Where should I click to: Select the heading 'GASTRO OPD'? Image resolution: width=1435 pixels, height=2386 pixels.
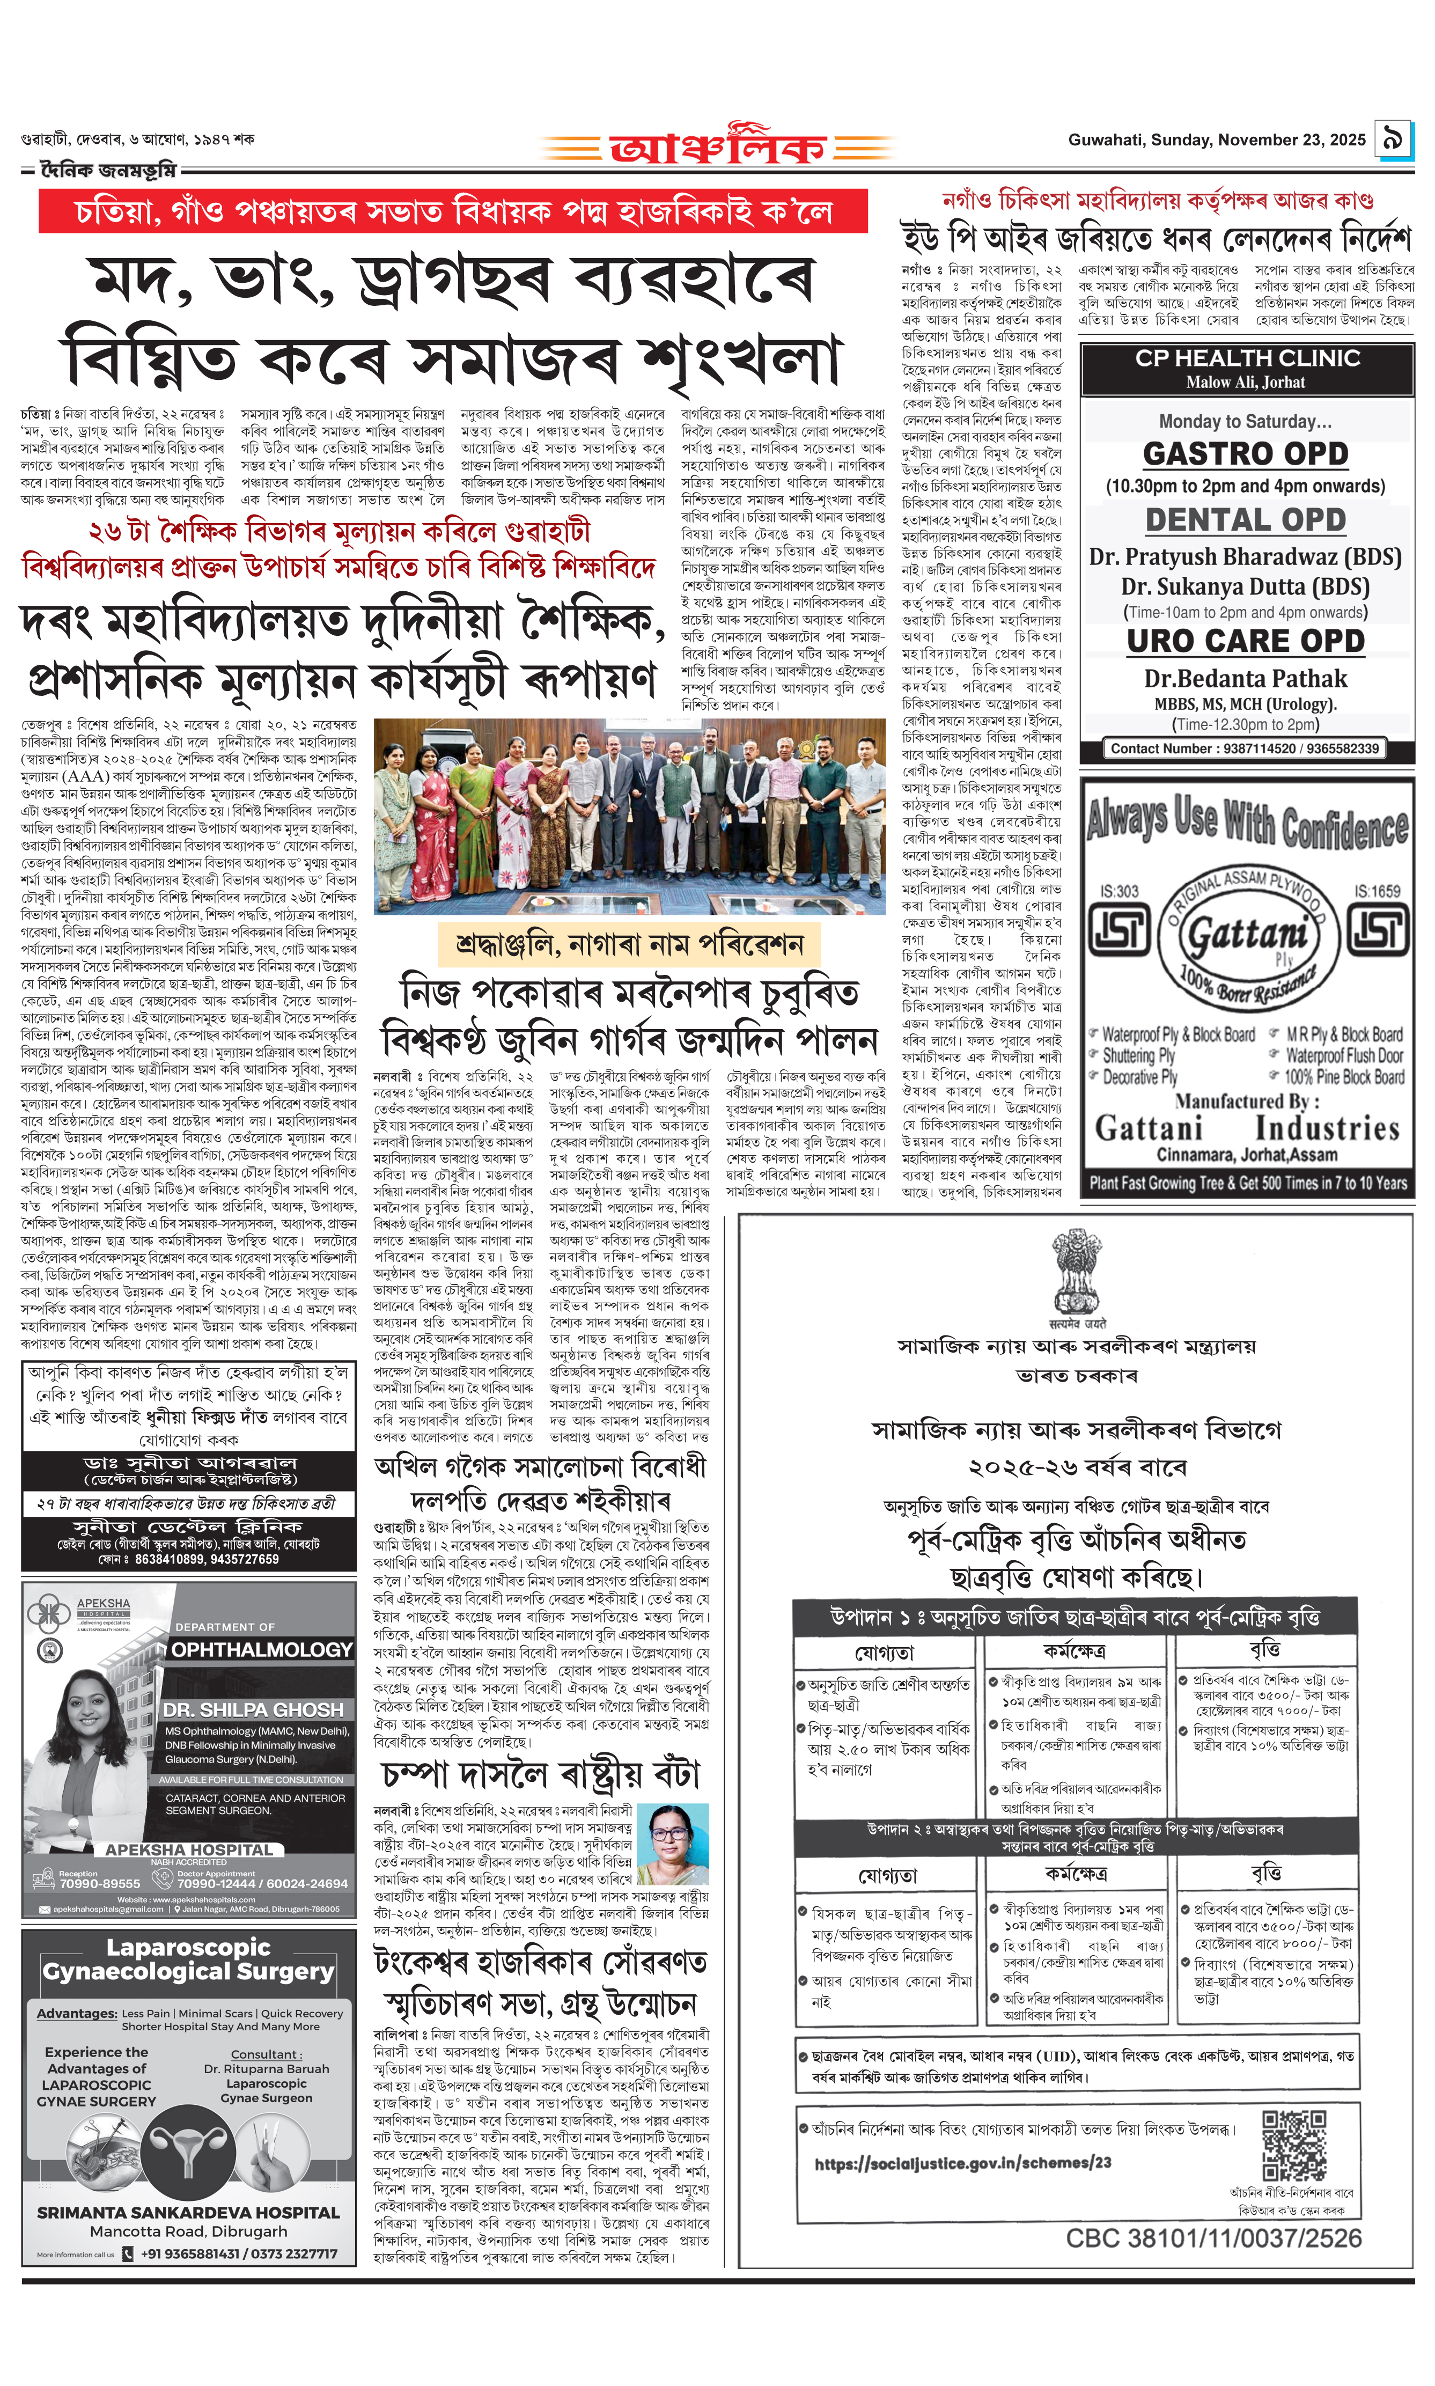click(x=1246, y=453)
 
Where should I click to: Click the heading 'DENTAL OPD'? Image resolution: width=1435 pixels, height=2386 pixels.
click(x=1246, y=519)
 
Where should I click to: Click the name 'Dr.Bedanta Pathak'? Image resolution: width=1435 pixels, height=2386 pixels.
click(x=1246, y=678)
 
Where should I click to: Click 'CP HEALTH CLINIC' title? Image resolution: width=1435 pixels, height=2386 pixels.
click(x=1247, y=358)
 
